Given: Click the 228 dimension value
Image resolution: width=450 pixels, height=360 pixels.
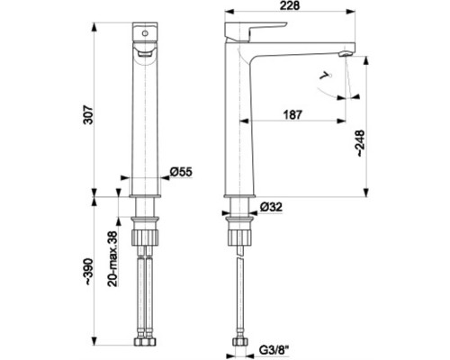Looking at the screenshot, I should pos(289,7).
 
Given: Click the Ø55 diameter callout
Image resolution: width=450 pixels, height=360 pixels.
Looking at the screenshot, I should pos(182,172).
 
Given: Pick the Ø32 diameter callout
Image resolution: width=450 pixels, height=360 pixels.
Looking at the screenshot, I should pos(272,207).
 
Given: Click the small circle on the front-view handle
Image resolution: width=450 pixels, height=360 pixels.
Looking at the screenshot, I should pos(145,32).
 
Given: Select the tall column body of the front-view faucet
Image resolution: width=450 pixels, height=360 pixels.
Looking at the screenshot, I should pos(145,117).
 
